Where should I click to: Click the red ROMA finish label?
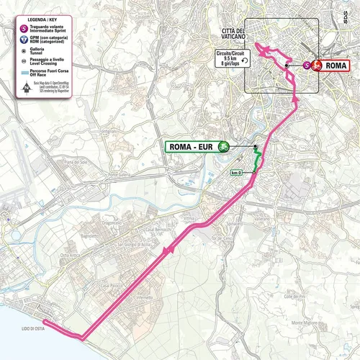[x=335, y=65]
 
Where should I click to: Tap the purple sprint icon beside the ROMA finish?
[x=309, y=65]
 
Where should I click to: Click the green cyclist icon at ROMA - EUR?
[x=222, y=148]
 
